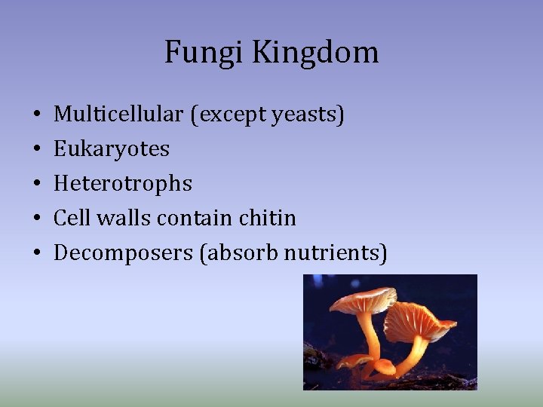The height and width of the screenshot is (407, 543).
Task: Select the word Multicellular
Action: click(118, 115)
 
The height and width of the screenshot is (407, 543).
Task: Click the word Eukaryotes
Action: click(112, 149)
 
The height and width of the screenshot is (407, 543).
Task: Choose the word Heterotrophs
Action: click(123, 184)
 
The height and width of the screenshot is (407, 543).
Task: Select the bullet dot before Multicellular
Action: click(36, 115)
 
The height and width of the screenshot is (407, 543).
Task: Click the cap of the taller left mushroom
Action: click(363, 300)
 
